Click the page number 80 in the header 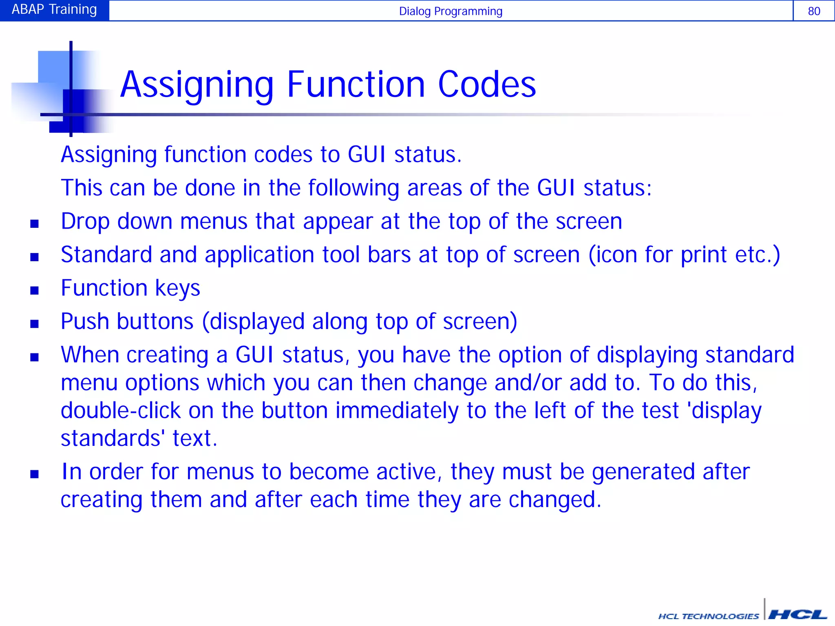pos(814,11)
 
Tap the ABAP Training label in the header pos(54,9)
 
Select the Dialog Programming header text pos(451,11)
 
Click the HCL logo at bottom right pos(797,614)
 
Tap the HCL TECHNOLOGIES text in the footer pos(709,616)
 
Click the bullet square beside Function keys pos(35,290)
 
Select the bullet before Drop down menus pos(35,223)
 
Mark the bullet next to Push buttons pos(35,324)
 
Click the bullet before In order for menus pos(35,474)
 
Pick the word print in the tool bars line pos(704,255)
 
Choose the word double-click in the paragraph pos(120,410)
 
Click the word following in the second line pos(353,188)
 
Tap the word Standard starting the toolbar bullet pos(106,255)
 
